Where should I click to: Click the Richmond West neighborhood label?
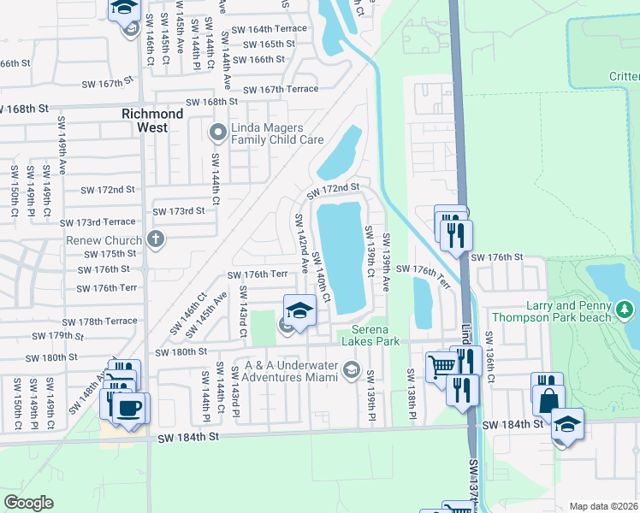pyautogui.click(x=152, y=120)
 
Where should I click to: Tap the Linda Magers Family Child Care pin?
pyautogui.click(x=217, y=133)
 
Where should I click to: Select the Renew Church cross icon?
pyautogui.click(x=155, y=239)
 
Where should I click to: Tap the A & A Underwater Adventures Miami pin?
pyautogui.click(x=351, y=369)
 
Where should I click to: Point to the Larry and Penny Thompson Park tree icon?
pyautogui.click(x=625, y=307)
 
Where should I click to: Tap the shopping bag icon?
pyautogui.click(x=548, y=398)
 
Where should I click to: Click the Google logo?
pyautogui.click(x=28, y=502)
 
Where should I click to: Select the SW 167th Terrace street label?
pyautogui.click(x=281, y=89)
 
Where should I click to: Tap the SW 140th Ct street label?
pyautogui.click(x=321, y=277)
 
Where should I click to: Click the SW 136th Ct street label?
pyautogui.click(x=489, y=351)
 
